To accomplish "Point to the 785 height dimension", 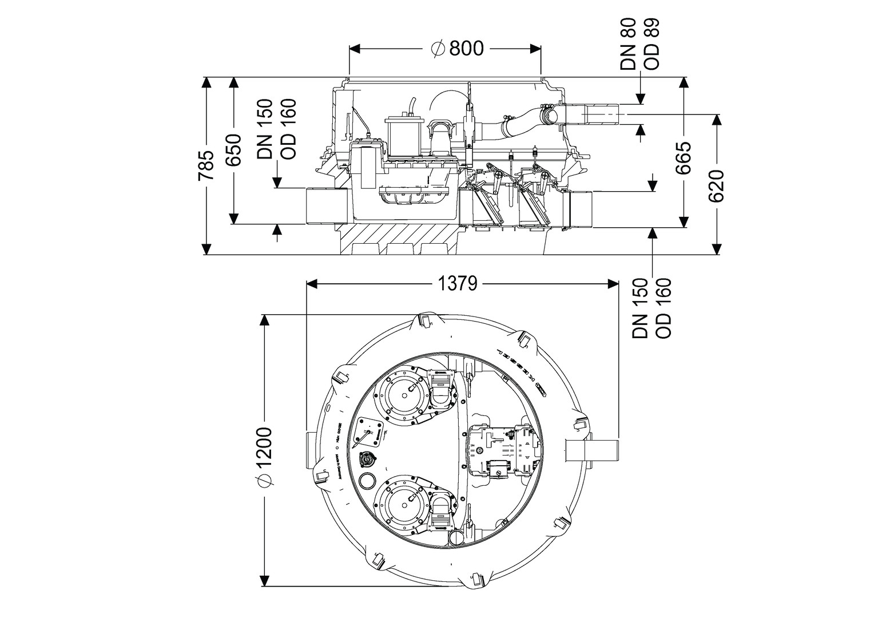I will (x=205, y=166).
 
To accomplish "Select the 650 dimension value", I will (x=233, y=150).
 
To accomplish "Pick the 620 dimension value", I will (x=716, y=185).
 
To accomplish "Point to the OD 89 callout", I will (x=651, y=44).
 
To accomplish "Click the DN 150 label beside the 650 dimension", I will (x=265, y=129).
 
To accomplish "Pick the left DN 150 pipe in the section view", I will (x=327, y=206).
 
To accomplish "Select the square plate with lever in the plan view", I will (x=371, y=430).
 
